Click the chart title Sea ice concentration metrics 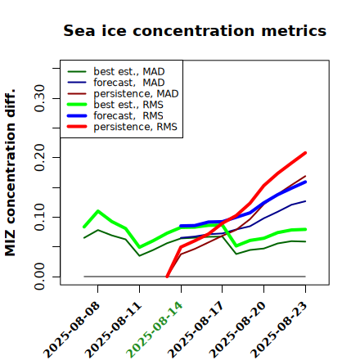pyautogui.click(x=195, y=30)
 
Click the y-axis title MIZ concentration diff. pyautogui.click(x=11, y=173)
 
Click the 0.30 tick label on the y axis pyautogui.click(x=39, y=98)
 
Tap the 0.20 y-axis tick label pyautogui.click(x=39, y=158)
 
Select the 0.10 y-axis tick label pyautogui.click(x=39, y=217)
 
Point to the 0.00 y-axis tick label pyautogui.click(x=39, y=277)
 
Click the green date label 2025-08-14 pyautogui.click(x=155, y=330)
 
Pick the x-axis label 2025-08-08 pyautogui.click(x=71, y=330)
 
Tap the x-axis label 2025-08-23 pyautogui.click(x=279, y=330)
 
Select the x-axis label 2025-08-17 pyautogui.click(x=196, y=330)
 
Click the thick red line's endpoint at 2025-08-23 pyautogui.click(x=305, y=153)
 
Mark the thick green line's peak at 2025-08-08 pyautogui.click(x=98, y=211)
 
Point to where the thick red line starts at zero pyautogui.click(x=167, y=277)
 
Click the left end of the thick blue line pyautogui.click(x=181, y=226)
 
